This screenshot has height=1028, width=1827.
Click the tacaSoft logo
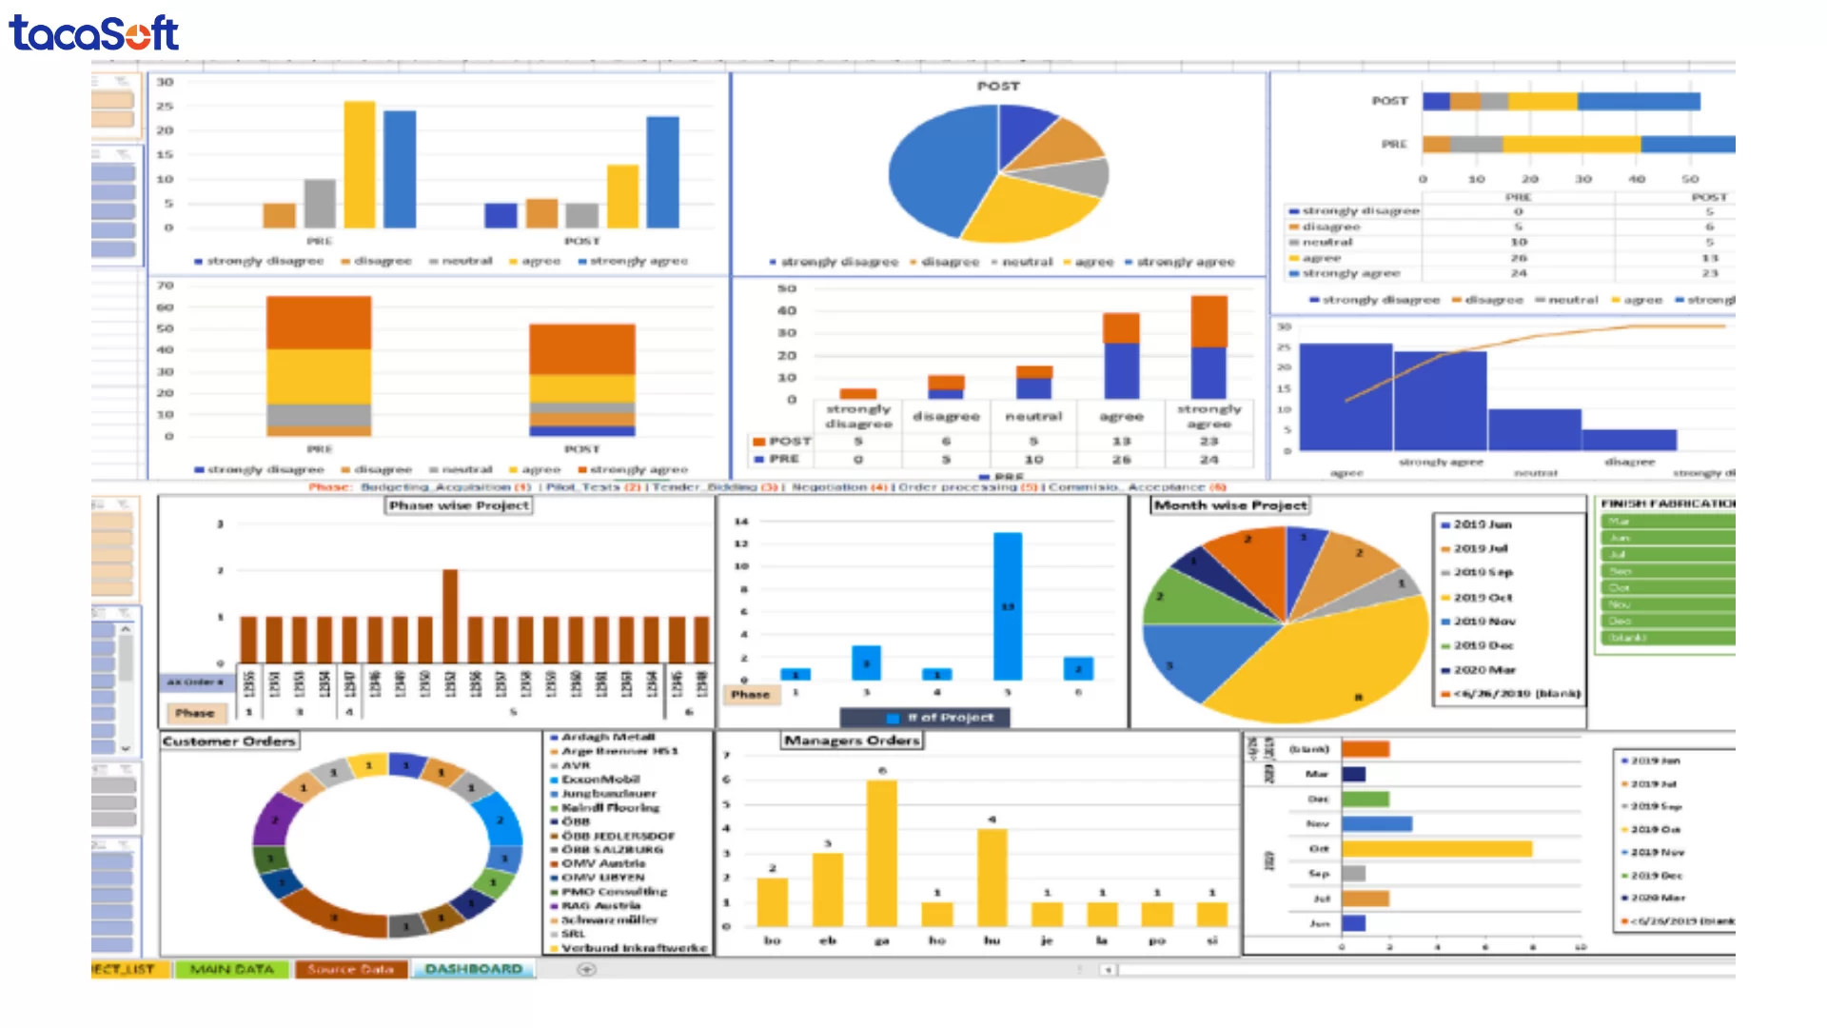pos(93,33)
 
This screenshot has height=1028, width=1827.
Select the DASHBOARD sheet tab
pos(473,969)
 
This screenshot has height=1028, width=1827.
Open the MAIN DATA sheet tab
pos(231,969)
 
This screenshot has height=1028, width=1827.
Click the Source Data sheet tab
pos(350,969)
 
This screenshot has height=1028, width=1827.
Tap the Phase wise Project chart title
pos(459,505)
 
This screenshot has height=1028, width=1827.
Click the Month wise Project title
pos(1229,505)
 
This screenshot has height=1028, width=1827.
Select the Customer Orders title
pos(228,741)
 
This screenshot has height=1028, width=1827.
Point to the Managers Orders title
pos(852,740)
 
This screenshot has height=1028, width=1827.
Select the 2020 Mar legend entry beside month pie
pos(1483,670)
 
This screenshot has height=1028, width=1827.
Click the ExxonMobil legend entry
pos(600,780)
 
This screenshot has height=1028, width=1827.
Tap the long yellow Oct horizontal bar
pos(1436,848)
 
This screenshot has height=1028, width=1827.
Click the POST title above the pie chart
pos(997,86)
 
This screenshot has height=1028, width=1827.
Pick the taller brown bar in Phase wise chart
pos(450,615)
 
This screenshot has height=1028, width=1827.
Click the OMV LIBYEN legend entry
pos(602,878)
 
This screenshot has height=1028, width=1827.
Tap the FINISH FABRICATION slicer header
pos(1666,504)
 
